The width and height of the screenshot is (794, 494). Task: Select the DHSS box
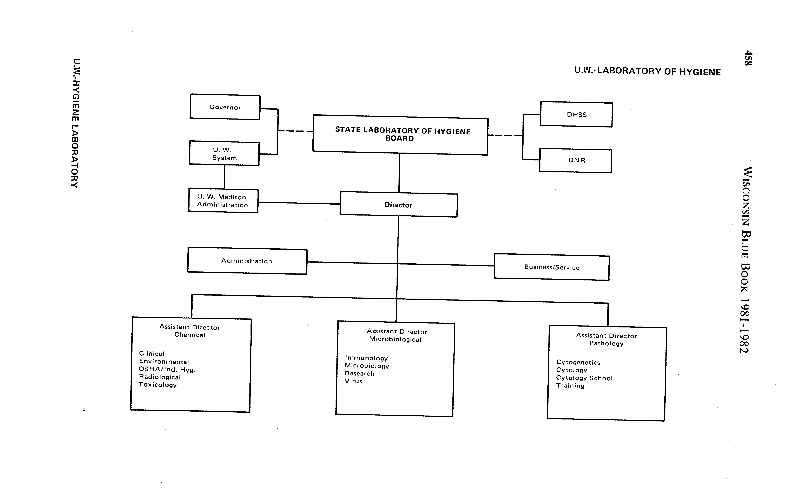tap(576, 115)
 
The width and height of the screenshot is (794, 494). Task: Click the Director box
tap(398, 205)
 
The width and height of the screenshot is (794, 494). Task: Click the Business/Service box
tap(552, 267)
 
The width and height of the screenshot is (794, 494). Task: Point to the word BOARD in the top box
tap(400, 139)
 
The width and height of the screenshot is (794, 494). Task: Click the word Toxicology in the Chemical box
tap(157, 385)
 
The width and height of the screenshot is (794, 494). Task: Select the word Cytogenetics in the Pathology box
tap(578, 362)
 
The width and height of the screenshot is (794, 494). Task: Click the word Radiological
tap(160, 377)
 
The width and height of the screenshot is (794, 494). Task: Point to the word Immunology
tap(366, 358)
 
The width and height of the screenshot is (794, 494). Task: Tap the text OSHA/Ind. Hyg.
tap(167, 370)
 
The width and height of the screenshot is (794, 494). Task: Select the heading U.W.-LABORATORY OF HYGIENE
tap(647, 71)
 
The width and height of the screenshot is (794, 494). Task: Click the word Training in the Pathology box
tap(570, 386)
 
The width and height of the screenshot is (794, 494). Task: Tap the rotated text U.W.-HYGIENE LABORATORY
tap(75, 123)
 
